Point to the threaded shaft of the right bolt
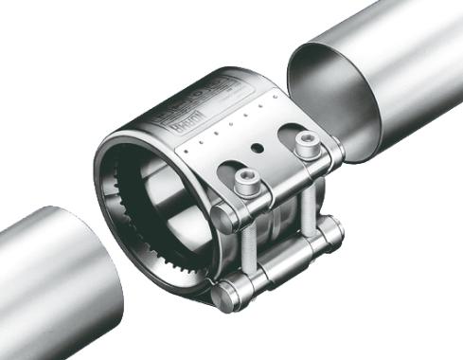308,204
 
